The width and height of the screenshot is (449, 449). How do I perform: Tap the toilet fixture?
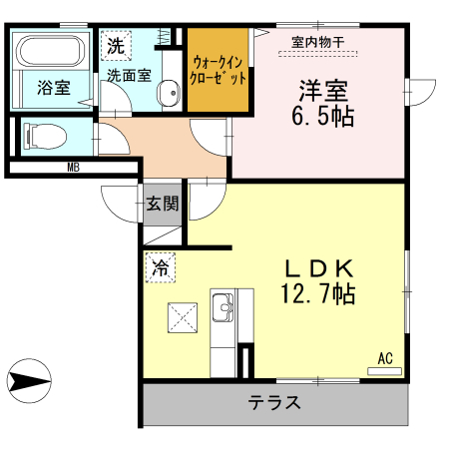coord(45,136)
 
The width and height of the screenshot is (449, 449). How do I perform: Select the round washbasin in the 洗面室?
coord(169,93)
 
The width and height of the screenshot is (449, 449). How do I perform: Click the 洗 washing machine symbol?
coord(116,46)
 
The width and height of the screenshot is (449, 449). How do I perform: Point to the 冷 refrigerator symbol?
coord(161,267)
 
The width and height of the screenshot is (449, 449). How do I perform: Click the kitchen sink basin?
coord(223,307)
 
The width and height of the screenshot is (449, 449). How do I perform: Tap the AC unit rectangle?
coord(384,371)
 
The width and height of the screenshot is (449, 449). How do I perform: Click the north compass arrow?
coord(29,381)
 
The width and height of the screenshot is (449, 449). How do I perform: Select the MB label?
coord(74,168)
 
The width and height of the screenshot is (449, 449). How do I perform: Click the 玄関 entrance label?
coord(163,204)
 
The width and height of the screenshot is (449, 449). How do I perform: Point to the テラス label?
coord(274,402)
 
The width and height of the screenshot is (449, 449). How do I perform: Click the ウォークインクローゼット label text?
coord(218,70)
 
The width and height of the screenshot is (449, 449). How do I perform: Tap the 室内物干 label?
coord(317,42)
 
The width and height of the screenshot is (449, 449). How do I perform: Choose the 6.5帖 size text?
coord(322,116)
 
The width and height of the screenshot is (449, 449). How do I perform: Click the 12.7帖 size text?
coord(318,293)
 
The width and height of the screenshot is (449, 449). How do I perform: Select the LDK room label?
coord(318,269)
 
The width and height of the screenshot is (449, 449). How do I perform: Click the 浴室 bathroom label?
coord(54,88)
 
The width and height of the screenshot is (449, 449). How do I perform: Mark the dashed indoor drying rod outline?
coord(317,54)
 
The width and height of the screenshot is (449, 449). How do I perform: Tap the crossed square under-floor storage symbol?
coord(183,317)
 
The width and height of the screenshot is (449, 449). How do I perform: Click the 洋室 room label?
coord(323,91)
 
